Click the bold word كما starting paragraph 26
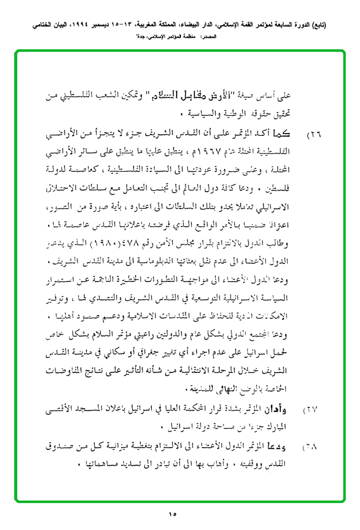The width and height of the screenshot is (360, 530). [290, 135]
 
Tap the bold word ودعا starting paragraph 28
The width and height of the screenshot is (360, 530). [290, 447]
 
